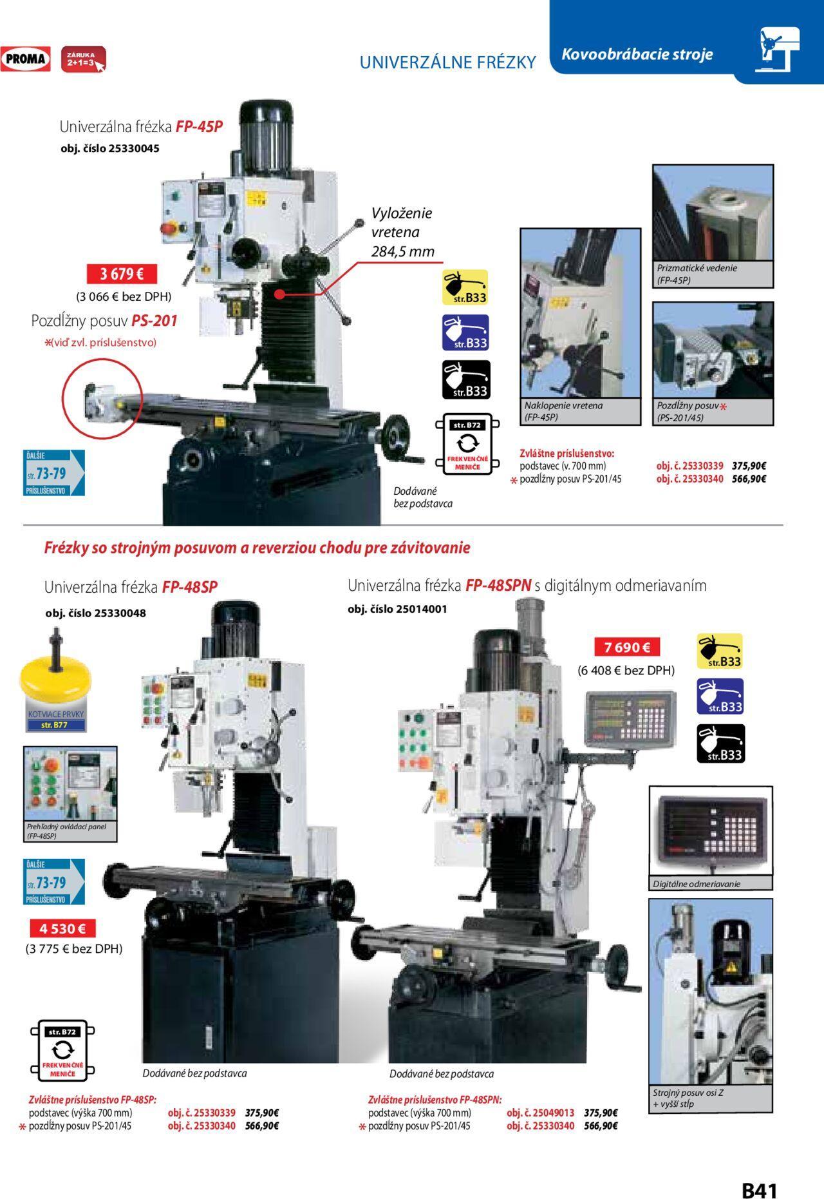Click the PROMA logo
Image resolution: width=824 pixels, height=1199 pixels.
pos(26,59)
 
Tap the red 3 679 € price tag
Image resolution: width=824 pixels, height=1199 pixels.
pos(122,274)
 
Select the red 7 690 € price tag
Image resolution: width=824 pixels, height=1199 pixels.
pos(627,647)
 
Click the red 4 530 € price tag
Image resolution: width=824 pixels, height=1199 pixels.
pos(62,928)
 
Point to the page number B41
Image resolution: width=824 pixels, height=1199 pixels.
pos(760,1173)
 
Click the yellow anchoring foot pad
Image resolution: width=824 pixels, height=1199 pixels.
pos(55,673)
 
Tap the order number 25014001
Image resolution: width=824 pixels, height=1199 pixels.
pos(422,609)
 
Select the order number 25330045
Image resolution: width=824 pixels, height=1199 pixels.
pos(134,148)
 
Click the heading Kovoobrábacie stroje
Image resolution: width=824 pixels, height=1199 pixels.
pos(637,54)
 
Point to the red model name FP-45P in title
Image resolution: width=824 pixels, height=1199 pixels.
pos(199,126)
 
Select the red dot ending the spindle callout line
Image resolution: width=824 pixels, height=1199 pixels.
pos(279,294)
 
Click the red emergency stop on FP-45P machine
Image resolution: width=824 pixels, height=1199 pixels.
pos(173,229)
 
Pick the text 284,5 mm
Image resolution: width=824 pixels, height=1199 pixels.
pos(402,251)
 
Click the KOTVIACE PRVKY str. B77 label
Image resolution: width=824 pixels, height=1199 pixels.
pos(55,720)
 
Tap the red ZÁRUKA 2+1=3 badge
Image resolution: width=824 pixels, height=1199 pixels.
pos(82,59)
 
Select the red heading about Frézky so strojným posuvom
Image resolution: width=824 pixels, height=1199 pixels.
pos(257,548)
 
